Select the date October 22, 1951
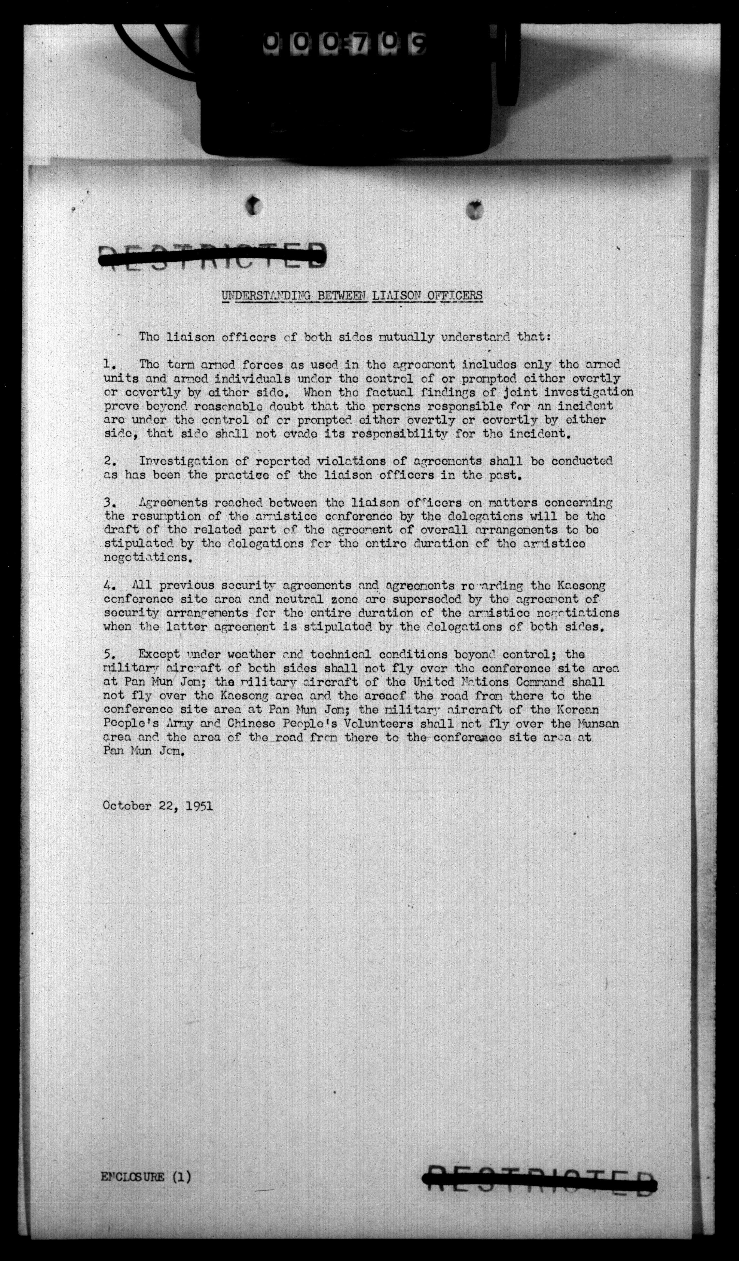pos(157,806)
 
